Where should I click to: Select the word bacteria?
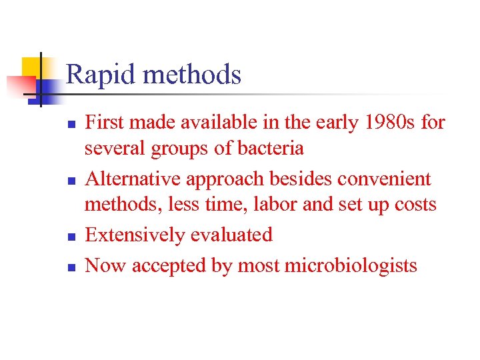coord(268,149)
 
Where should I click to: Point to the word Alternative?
coord(133,179)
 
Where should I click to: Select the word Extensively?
coord(136,235)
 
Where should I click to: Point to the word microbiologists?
coord(351,265)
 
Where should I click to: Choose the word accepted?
coord(167,265)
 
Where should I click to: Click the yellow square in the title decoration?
coord(31,67)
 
